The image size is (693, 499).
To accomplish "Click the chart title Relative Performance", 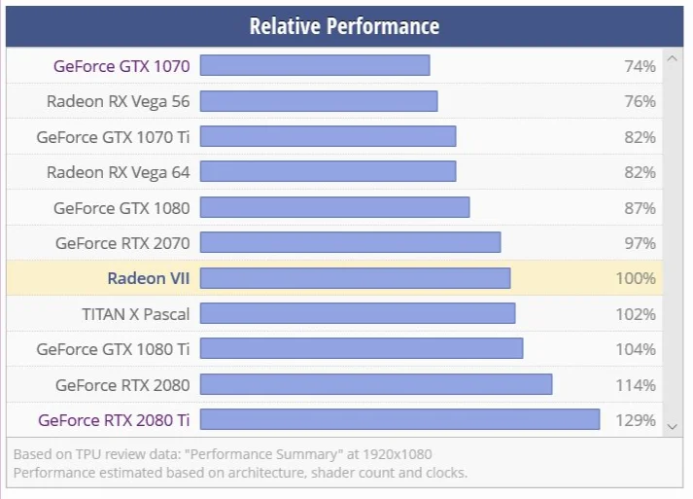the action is click(x=344, y=26).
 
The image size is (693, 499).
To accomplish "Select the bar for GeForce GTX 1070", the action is click(x=315, y=65).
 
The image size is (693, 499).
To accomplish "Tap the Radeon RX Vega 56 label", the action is click(x=118, y=102).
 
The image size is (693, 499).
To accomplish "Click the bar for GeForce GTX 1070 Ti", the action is click(x=328, y=136).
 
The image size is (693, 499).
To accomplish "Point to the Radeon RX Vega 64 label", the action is click(x=118, y=172).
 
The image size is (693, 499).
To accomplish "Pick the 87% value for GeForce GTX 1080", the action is click(x=640, y=208).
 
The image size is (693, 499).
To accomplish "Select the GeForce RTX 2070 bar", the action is click(x=351, y=242).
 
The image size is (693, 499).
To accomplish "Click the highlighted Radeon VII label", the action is click(x=149, y=278).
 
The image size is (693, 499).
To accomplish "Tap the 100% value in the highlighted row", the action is click(x=636, y=278).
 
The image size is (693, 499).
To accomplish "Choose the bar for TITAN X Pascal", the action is click(x=358, y=313).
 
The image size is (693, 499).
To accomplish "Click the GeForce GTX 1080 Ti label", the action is click(x=113, y=349).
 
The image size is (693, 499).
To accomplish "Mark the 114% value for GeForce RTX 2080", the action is click(x=636, y=385).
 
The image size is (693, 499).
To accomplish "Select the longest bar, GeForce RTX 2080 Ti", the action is click(x=400, y=419).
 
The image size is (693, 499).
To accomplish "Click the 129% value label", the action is click(x=636, y=420).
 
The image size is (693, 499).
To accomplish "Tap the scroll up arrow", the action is click(x=673, y=58).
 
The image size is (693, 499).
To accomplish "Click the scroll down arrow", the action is click(x=673, y=427).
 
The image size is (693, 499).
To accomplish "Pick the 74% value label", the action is click(x=640, y=66).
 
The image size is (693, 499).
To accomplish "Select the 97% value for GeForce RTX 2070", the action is click(x=640, y=243).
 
